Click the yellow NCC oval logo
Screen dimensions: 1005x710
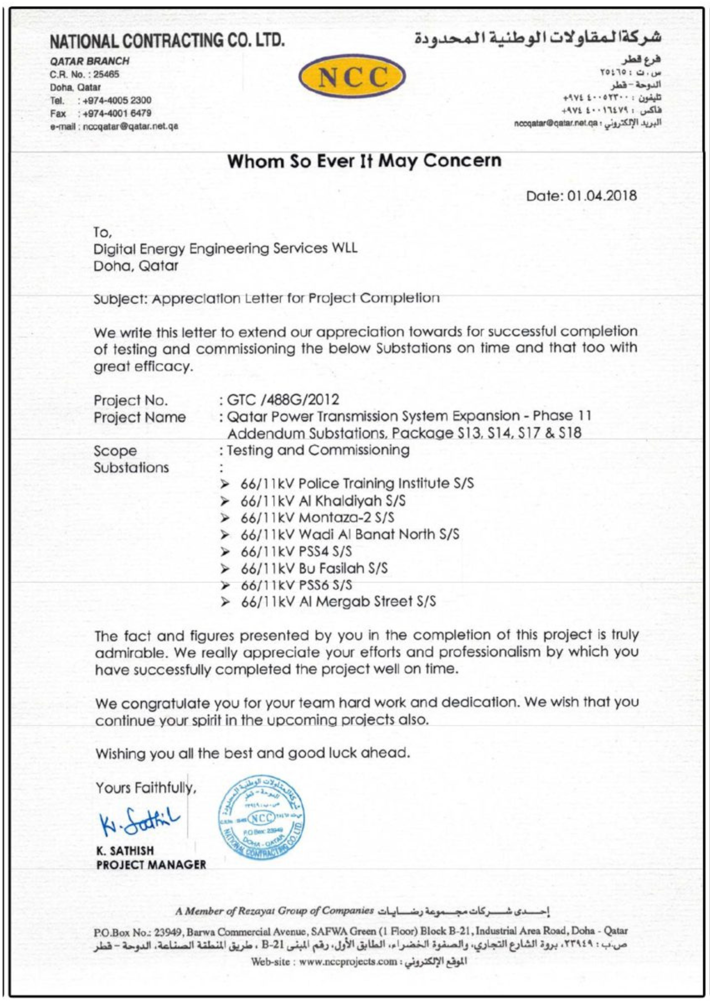[352, 76]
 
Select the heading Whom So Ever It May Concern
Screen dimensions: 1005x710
[364, 161]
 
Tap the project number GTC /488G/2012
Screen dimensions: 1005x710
[283, 400]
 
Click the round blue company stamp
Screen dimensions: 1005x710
[261, 817]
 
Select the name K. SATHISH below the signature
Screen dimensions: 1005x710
[125, 851]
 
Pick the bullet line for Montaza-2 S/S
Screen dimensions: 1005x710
[317, 518]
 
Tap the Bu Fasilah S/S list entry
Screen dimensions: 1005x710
[314, 568]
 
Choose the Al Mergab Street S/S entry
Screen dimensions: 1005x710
[338, 601]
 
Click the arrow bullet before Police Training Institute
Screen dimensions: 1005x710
[225, 484]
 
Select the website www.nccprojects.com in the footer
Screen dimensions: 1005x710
[348, 962]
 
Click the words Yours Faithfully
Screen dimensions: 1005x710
[146, 787]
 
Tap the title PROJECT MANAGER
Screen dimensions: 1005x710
[151, 865]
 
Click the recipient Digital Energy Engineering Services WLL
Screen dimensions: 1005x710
[225, 249]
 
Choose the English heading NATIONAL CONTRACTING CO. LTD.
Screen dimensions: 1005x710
[167, 41]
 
